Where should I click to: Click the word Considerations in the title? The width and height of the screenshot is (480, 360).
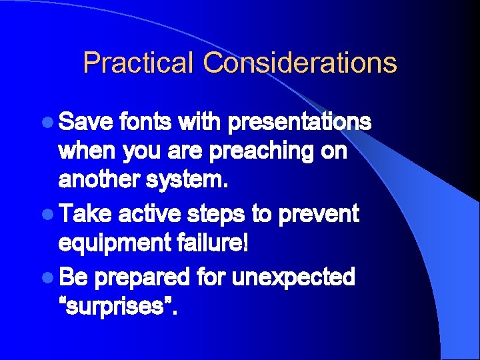300,63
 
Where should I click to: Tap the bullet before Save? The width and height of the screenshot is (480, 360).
49,123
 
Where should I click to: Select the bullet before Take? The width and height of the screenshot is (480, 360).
49,214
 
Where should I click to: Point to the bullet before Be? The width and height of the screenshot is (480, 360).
49,276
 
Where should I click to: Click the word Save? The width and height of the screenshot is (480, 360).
85,122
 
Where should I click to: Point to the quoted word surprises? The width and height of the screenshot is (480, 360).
118,306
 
